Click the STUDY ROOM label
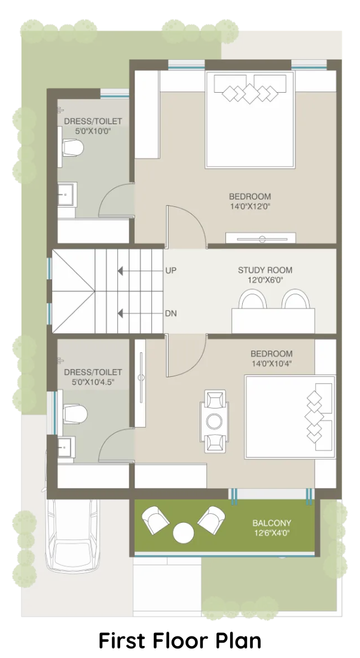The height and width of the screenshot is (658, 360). pyautogui.click(x=265, y=270)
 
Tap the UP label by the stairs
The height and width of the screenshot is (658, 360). pyautogui.click(x=171, y=270)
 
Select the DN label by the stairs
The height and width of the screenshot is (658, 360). pyautogui.click(x=171, y=313)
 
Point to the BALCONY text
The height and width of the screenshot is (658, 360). pyautogui.click(x=271, y=523)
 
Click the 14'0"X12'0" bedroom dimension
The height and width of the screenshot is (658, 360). pyautogui.click(x=249, y=206)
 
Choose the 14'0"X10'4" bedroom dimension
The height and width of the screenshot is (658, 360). pyautogui.click(x=271, y=364)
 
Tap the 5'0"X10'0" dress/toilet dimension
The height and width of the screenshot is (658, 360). pyautogui.click(x=93, y=132)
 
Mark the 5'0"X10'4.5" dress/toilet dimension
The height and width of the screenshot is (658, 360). pyautogui.click(x=93, y=382)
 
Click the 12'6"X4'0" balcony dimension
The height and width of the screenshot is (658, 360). pyautogui.click(x=271, y=534)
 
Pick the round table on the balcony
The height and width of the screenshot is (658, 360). pyautogui.click(x=184, y=533)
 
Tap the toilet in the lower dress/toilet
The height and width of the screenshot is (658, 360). pyautogui.click(x=75, y=414)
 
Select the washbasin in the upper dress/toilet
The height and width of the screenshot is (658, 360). pyautogui.click(x=67, y=195)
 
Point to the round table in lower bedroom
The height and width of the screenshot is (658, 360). pyautogui.click(x=215, y=421)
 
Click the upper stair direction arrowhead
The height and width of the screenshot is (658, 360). pyautogui.click(x=120, y=270)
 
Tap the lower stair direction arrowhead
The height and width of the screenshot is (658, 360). pyautogui.click(x=120, y=313)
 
